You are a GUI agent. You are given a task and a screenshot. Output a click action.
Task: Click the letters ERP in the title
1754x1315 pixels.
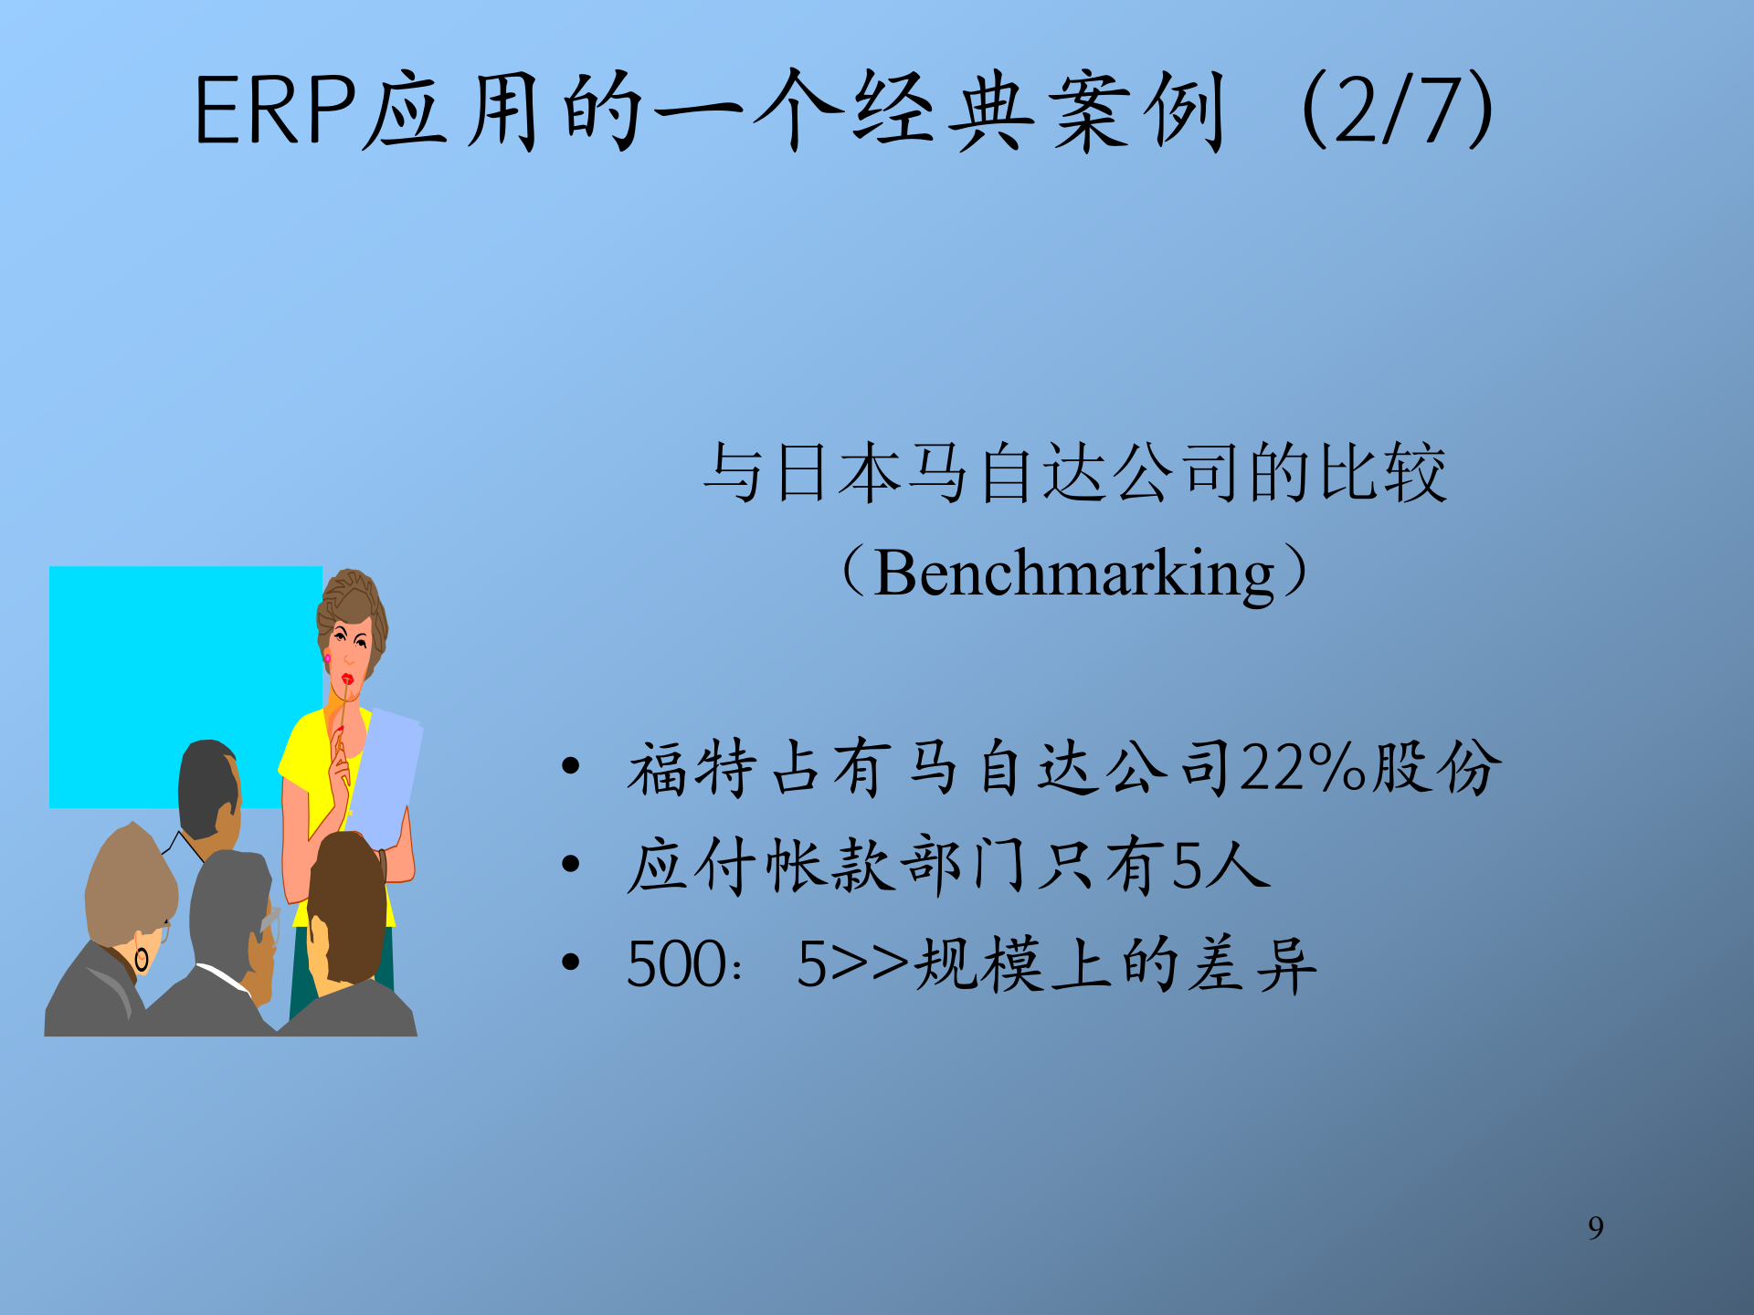(x=274, y=111)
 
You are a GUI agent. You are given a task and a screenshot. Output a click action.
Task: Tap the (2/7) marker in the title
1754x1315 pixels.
(x=1398, y=111)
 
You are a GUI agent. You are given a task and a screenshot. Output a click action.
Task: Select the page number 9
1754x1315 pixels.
(x=1595, y=1228)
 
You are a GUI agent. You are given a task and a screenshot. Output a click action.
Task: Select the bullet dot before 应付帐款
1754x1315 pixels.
(x=571, y=864)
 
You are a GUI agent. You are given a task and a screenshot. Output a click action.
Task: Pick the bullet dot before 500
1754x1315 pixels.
(x=571, y=962)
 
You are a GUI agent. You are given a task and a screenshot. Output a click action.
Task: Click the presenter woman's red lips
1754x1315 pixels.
(x=347, y=679)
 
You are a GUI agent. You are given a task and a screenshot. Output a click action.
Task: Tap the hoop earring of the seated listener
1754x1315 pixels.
(x=142, y=959)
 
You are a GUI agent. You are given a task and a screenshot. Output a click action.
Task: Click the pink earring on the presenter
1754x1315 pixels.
(x=327, y=657)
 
